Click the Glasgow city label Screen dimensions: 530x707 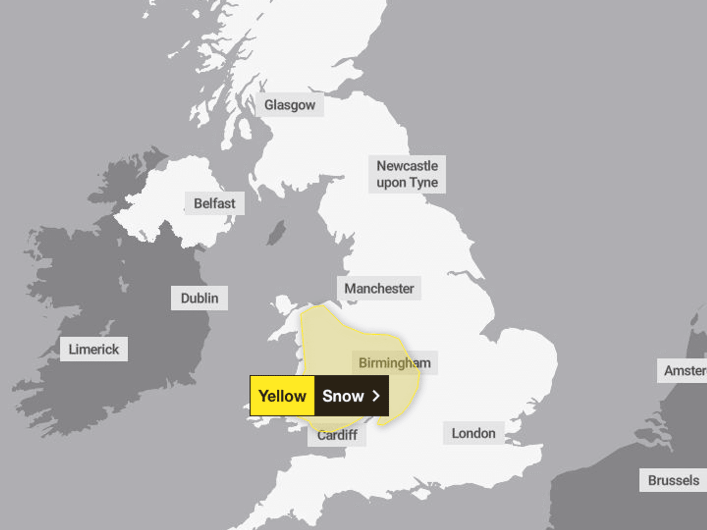290,105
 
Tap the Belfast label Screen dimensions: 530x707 214,204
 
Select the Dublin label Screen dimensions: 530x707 199,298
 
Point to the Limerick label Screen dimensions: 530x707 94,349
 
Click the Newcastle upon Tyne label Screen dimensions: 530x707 407,174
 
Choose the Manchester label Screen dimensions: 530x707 379,288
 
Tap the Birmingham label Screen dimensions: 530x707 395,363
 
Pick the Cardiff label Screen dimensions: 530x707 337,435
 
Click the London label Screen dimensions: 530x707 473,433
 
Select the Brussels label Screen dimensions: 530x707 673,480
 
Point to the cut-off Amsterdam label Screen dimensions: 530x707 684,371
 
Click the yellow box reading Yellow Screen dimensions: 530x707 282,396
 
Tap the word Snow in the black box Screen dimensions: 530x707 343,396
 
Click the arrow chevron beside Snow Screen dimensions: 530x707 376,396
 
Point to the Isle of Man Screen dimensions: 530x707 276,232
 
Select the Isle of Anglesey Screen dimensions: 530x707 284,304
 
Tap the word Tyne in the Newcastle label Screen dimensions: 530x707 423,183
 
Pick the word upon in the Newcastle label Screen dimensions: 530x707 391,183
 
